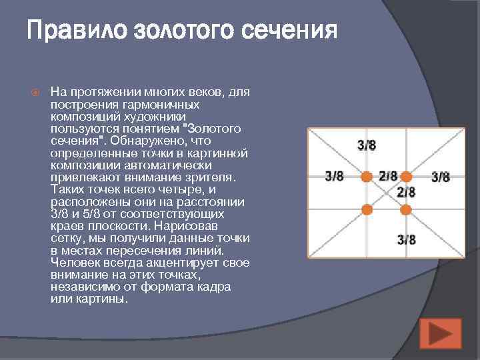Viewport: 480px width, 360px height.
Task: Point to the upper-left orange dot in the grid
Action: pos(366,177)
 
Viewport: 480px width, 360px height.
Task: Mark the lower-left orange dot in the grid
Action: pos(366,209)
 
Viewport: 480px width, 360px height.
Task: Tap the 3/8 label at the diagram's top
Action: pos(367,145)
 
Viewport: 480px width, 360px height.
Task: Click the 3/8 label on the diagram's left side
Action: pos(334,177)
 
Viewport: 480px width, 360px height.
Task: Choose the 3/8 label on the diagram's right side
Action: pos(441,177)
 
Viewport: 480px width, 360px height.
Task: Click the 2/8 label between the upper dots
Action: pos(388,177)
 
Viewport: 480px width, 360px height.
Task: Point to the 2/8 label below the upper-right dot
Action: pos(406,192)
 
